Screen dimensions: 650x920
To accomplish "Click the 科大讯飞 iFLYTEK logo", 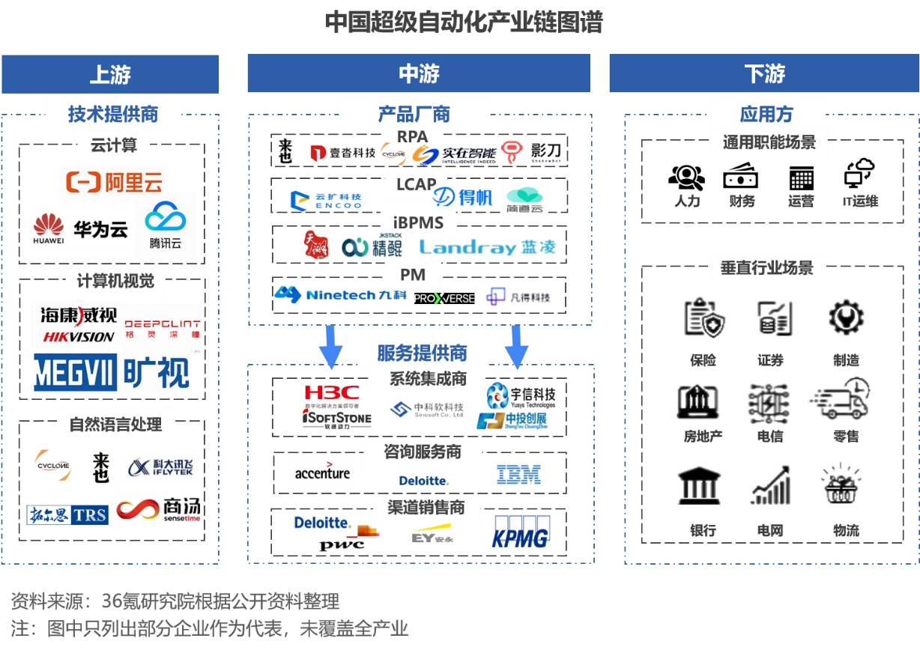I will click(160, 467).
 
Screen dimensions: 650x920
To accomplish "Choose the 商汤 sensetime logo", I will click(159, 511).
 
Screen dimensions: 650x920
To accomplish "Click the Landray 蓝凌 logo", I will click(487, 248).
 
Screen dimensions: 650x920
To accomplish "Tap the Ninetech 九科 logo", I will click(340, 295).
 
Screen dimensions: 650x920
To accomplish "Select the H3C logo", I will click(332, 392).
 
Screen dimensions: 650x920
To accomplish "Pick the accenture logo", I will click(322, 473).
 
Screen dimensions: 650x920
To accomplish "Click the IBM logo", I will click(518, 474).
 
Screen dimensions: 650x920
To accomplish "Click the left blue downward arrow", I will click(331, 344).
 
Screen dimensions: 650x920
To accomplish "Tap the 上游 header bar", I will click(110, 74).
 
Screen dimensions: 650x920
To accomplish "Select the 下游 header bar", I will click(764, 74).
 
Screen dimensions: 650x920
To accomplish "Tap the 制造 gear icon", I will click(846, 318).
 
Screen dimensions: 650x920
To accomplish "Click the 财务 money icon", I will click(740, 176).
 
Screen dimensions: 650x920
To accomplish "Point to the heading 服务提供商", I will click(422, 353).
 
